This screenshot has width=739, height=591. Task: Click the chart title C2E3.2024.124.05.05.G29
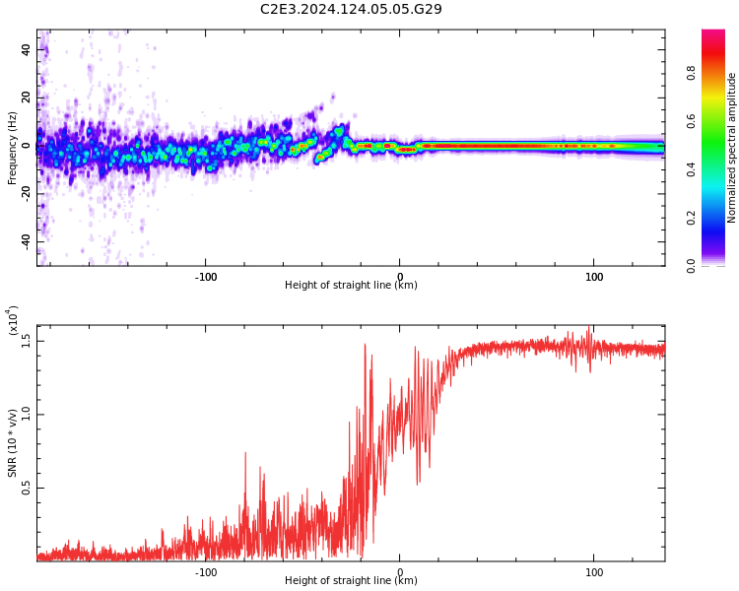pos(351,10)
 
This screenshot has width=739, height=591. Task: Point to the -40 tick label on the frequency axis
pos(26,241)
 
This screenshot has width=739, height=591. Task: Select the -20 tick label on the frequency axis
pos(26,193)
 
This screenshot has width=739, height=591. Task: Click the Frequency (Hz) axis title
pos(12,148)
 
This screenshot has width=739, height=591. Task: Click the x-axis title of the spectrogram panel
pos(351,286)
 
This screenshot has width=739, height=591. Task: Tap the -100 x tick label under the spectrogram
pos(205,277)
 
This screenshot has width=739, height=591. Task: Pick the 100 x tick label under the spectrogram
pos(594,277)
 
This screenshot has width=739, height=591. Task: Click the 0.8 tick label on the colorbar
pos(691,73)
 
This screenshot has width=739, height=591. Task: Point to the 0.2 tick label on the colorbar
pos(691,218)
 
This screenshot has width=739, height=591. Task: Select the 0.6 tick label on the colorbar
pos(691,121)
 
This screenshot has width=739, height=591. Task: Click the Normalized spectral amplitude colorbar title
pos(732,148)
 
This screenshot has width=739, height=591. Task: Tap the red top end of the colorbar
pos(713,34)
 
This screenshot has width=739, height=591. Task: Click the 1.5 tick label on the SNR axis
pos(27,340)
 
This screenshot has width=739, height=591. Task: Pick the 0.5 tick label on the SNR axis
pos(27,488)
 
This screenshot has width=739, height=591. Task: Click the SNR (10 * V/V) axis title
pos(13,443)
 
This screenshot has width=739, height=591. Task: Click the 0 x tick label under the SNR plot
pos(400,571)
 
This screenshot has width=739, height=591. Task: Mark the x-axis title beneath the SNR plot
pos(351,581)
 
